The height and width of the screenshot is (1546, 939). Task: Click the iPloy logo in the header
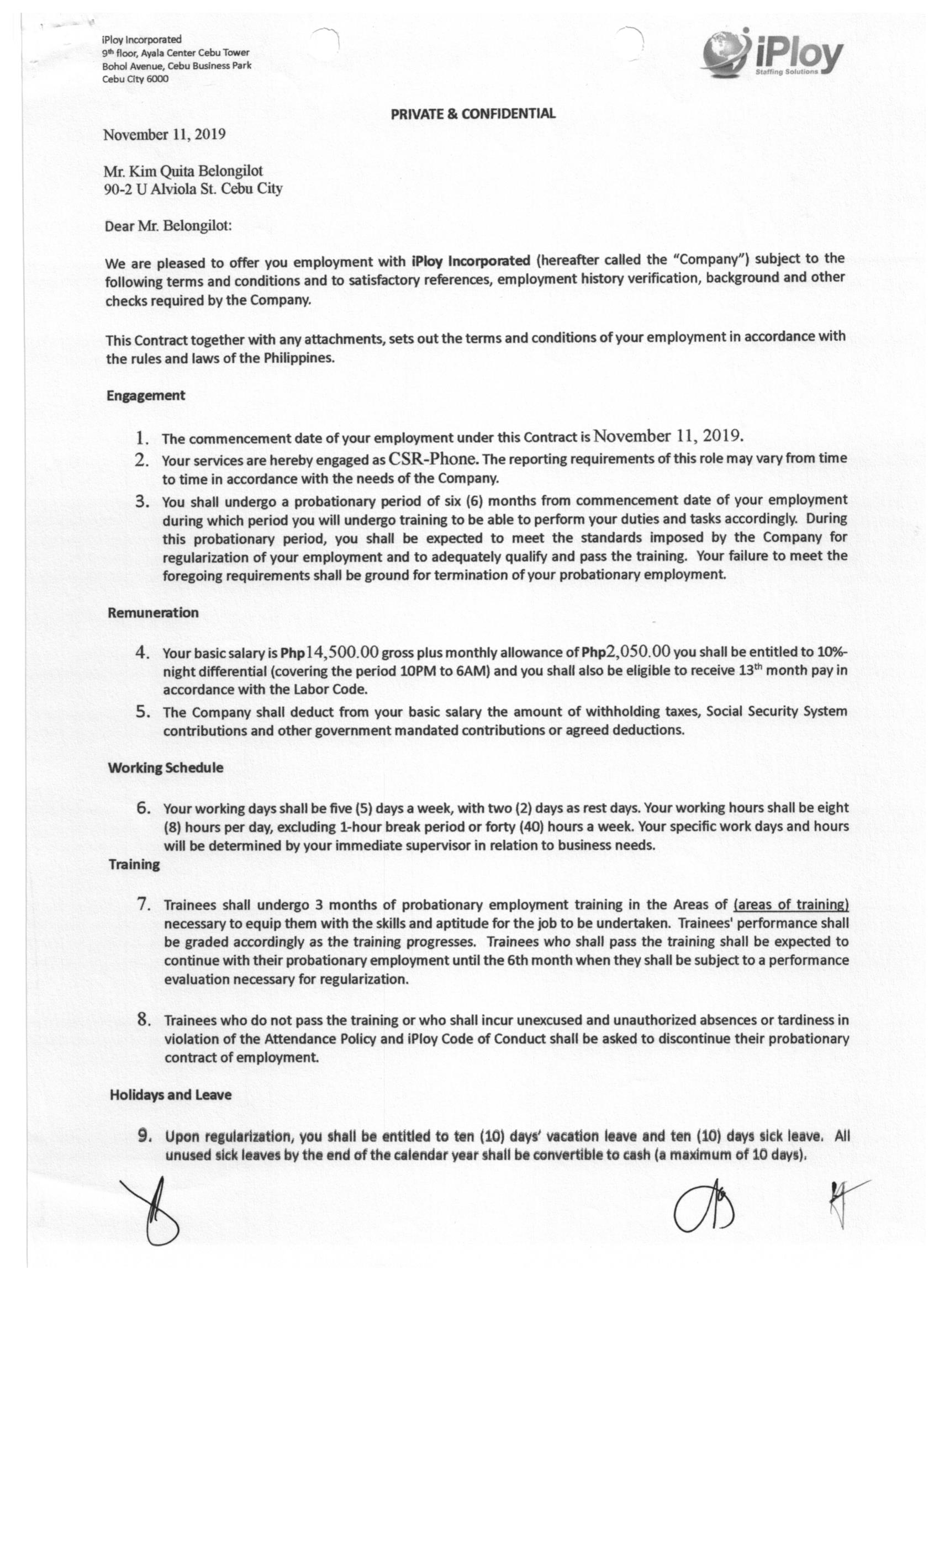(x=772, y=54)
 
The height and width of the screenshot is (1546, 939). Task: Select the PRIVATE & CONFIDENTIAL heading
(x=473, y=114)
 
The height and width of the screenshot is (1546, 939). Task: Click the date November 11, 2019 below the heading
(x=165, y=135)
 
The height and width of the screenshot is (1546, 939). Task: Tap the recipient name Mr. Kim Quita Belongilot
(x=183, y=171)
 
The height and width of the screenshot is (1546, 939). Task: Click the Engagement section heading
(x=146, y=395)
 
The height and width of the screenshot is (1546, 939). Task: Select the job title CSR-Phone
(x=432, y=459)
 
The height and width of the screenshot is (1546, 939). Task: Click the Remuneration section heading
(x=153, y=612)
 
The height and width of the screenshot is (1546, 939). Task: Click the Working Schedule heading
(x=166, y=767)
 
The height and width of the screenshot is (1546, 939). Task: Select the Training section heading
(x=134, y=865)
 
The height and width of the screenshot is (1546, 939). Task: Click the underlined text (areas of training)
(x=790, y=904)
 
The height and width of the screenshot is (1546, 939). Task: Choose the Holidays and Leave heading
(x=171, y=1094)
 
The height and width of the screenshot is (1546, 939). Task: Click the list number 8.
(x=144, y=1020)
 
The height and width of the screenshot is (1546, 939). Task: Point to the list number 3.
(x=142, y=501)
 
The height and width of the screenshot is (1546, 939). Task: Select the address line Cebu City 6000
(x=135, y=79)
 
